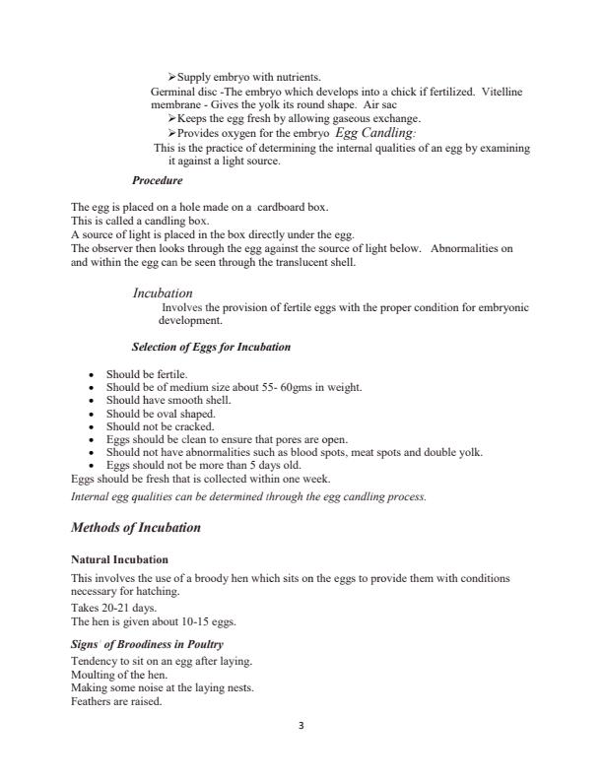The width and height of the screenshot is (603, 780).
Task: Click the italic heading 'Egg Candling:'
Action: (x=375, y=132)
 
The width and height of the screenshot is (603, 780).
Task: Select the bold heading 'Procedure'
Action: (x=157, y=181)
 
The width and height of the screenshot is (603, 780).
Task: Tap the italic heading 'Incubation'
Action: (x=163, y=293)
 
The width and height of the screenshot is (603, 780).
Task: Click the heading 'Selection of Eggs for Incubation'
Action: (x=211, y=347)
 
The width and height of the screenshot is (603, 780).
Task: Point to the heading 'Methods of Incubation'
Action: (x=136, y=528)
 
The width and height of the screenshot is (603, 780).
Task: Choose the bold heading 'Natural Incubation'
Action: (x=119, y=559)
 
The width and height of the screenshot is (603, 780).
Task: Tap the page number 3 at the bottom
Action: (x=301, y=726)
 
